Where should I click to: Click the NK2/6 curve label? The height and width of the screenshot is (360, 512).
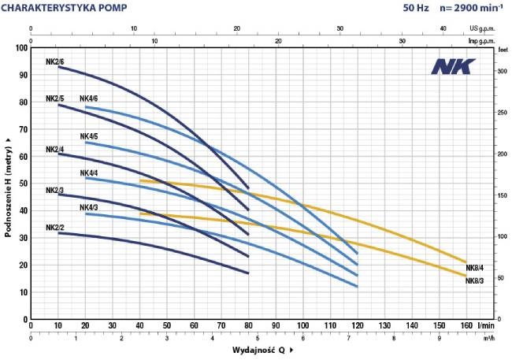(x=55, y=61)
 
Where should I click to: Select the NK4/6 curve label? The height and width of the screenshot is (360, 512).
(x=89, y=98)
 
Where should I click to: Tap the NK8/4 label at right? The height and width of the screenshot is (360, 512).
(x=475, y=268)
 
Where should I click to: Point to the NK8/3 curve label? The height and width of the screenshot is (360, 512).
(x=475, y=280)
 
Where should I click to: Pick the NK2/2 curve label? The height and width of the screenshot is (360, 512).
(x=55, y=228)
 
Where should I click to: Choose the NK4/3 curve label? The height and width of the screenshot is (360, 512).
(x=89, y=207)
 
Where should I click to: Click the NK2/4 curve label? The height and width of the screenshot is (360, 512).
(x=55, y=150)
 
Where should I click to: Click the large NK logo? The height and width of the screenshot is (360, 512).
(x=453, y=66)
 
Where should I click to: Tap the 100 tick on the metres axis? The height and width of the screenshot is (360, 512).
(x=21, y=48)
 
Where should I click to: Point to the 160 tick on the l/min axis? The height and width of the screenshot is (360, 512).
(x=466, y=325)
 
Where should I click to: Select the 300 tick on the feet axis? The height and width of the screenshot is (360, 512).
(x=503, y=71)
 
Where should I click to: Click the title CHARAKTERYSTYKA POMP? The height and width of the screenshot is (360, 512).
(x=64, y=8)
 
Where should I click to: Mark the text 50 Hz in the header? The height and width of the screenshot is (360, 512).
(x=416, y=8)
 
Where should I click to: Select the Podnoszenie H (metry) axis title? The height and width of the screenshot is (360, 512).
(x=8, y=187)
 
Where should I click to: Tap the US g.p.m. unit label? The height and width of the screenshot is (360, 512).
(x=482, y=28)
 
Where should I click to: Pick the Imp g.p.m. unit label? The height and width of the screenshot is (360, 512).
(x=482, y=41)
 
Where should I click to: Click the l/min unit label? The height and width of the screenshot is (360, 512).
(x=485, y=325)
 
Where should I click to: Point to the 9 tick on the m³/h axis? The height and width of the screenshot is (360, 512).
(x=440, y=338)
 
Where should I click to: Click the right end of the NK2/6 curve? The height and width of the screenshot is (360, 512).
(x=248, y=188)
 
